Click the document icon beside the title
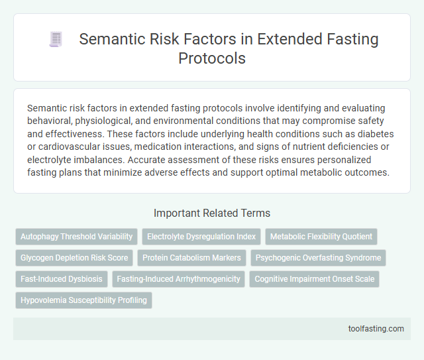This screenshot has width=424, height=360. click(55, 40)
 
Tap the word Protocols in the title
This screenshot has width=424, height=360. click(212, 58)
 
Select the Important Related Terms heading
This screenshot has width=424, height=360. click(211, 213)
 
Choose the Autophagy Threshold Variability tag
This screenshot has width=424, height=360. click(76, 236)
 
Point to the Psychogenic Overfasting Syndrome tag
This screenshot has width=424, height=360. click(318, 257)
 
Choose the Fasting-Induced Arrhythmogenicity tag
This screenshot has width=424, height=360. click(178, 278)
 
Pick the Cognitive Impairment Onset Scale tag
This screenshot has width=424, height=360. click(314, 278)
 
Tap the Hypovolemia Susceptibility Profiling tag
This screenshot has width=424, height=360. click(83, 300)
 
